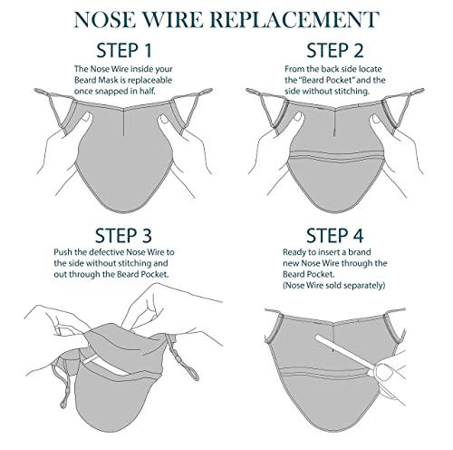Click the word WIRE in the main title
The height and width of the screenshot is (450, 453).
coord(172,20)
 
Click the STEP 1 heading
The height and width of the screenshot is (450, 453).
coord(124,51)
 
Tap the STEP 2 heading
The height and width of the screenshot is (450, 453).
coord(335,51)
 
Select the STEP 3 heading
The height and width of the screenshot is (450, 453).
coord(123,236)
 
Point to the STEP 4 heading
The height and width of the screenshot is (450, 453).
coord(335,236)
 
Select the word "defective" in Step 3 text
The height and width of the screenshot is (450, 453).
coord(107,252)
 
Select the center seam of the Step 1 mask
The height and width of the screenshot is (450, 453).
coord(124,122)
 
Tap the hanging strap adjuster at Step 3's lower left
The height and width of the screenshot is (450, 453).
coord(63,394)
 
